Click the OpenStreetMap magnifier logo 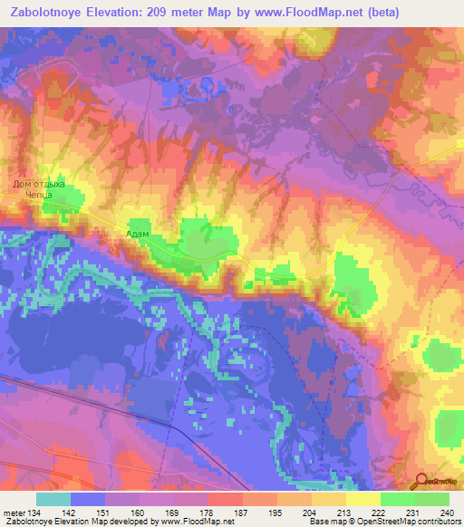pyautogui.click(x=423, y=482)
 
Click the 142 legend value pyautogui.click(x=72, y=512)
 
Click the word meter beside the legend pyautogui.click(x=14, y=512)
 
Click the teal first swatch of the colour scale pyautogui.click(x=53, y=499)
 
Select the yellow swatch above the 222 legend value pyautogui.click(x=363, y=499)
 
